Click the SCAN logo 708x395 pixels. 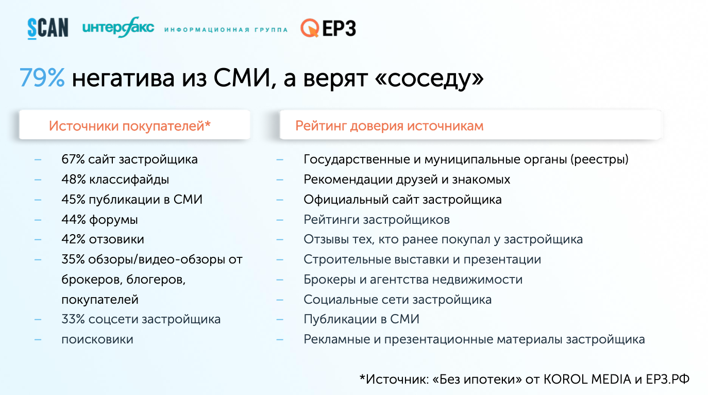48,28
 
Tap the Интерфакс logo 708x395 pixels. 118,27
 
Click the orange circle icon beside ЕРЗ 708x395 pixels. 310,28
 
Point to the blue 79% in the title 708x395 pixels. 42,78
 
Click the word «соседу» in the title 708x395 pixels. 429,79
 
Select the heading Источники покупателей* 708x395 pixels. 129,126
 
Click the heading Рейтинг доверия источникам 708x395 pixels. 390,126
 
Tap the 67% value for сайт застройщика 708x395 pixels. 73,159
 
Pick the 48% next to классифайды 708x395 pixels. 73,179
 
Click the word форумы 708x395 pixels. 113,220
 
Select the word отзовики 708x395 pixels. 116,239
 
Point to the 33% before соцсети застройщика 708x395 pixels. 73,319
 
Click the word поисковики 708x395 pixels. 97,340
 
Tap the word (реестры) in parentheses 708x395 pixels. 599,159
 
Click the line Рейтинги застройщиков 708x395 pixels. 377,220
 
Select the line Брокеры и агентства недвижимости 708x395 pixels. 413,279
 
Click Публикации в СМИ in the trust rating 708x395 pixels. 362,319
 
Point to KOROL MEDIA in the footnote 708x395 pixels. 587,379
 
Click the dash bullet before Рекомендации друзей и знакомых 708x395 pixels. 280,180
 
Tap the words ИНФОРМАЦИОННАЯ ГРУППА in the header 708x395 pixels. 226,30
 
